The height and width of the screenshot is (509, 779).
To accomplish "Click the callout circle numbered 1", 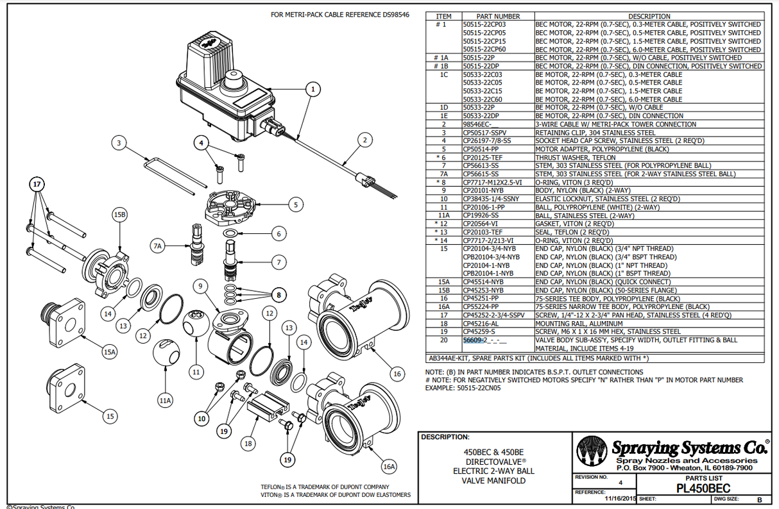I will pos(312,89).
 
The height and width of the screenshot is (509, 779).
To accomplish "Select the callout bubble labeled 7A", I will pos(158,246).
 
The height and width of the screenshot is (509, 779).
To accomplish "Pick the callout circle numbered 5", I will pos(295,205).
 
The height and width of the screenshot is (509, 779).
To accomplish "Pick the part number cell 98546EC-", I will pos(477,124).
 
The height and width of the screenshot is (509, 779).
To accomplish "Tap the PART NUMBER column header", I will pos(498,16).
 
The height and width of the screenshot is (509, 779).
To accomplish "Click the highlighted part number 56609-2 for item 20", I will pos(476,340).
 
